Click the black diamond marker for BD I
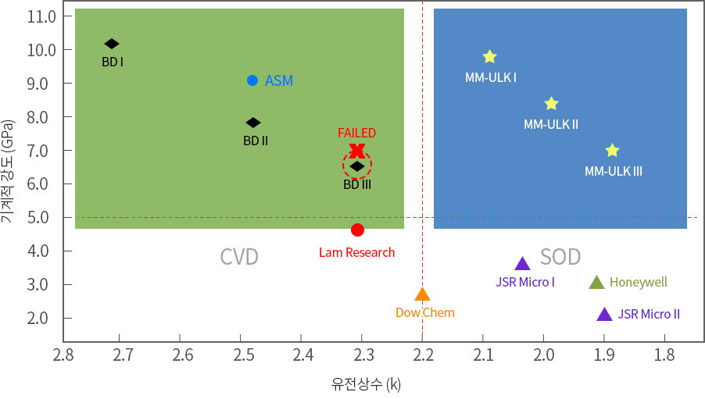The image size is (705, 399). pyautogui.click(x=112, y=44)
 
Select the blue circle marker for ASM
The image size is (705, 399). pyautogui.click(x=252, y=80)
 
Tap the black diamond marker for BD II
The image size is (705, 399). pyautogui.click(x=253, y=123)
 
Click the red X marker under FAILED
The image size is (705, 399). pyautogui.click(x=357, y=150)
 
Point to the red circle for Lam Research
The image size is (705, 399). pyautogui.click(x=357, y=230)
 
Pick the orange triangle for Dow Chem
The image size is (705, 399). pyautogui.click(x=422, y=294)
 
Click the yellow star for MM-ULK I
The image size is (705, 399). pyautogui.click(x=490, y=57)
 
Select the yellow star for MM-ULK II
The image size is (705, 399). pyautogui.click(x=551, y=104)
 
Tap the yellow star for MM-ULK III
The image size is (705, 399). pyautogui.click(x=612, y=151)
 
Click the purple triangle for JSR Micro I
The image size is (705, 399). pyautogui.click(x=523, y=264)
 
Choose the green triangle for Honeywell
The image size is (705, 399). pyautogui.click(x=596, y=282)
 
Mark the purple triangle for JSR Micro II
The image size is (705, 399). pyautogui.click(x=604, y=314)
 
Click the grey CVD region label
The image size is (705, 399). pyautogui.click(x=239, y=257)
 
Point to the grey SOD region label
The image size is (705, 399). pyautogui.click(x=560, y=257)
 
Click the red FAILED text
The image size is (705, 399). pyautogui.click(x=356, y=133)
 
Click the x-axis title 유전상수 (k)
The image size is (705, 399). pyautogui.click(x=366, y=384)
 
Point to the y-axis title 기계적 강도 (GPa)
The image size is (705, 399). pyautogui.click(x=8, y=172)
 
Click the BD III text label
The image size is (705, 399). pyautogui.click(x=357, y=184)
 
